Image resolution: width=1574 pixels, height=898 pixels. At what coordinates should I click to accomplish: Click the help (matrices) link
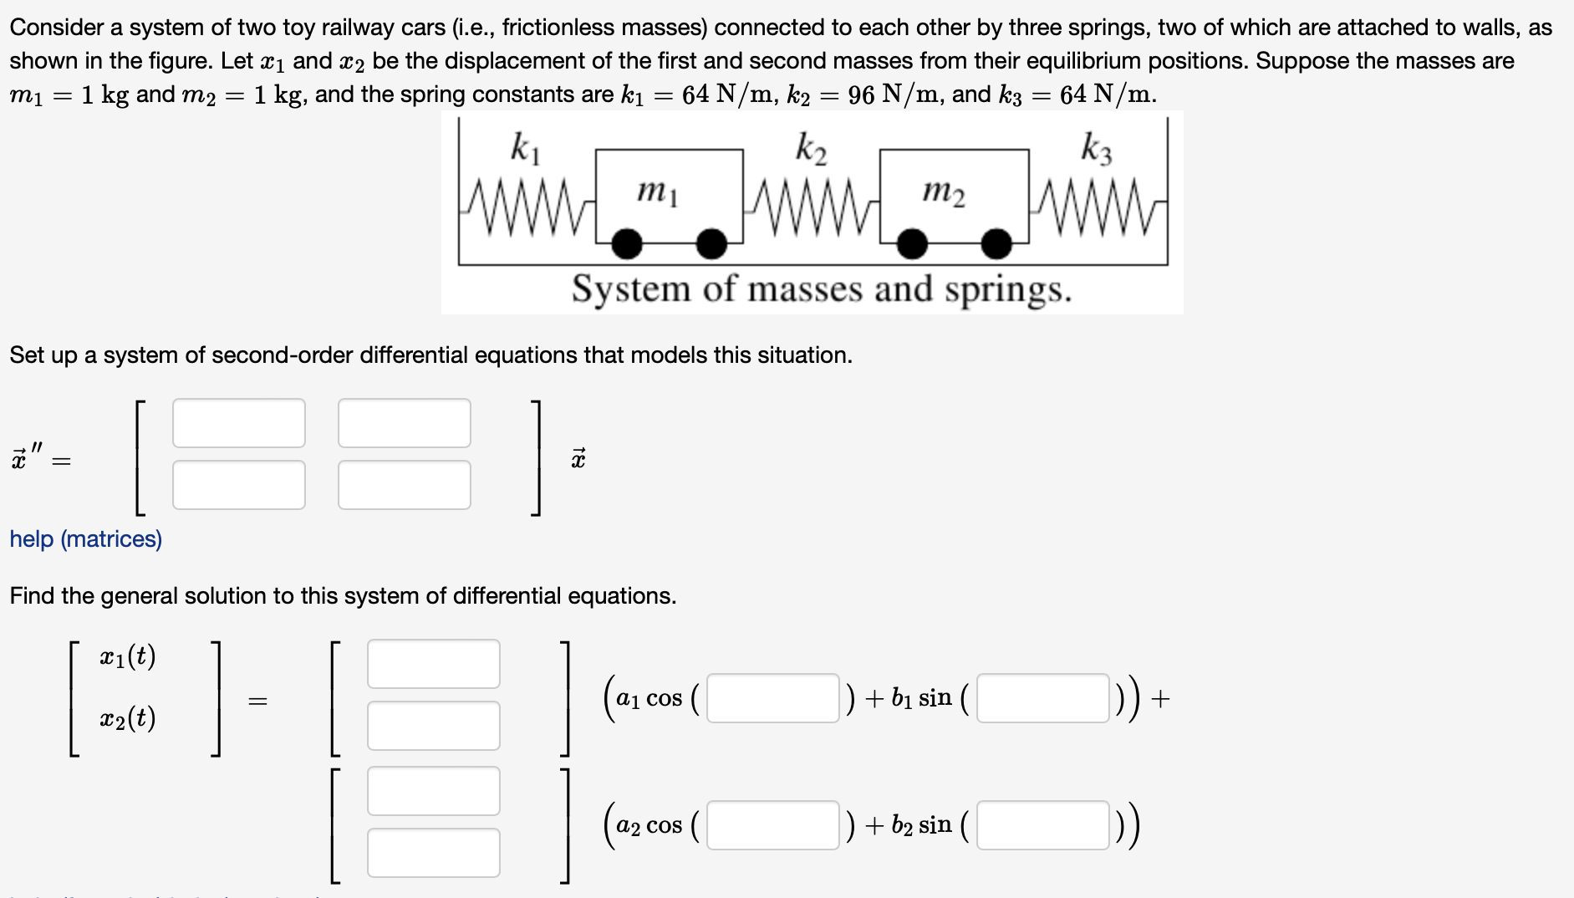click(x=86, y=539)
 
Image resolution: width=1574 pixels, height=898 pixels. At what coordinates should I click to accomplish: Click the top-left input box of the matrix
click(x=238, y=423)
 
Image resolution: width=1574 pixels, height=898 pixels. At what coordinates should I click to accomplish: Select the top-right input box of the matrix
click(x=404, y=423)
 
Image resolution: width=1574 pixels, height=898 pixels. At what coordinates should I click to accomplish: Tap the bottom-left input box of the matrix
click(x=238, y=485)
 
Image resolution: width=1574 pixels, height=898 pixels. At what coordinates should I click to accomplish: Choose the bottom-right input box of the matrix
click(x=404, y=485)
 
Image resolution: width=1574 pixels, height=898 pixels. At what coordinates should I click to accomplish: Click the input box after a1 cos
click(x=772, y=698)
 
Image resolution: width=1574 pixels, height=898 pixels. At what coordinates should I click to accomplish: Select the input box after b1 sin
click(x=1042, y=698)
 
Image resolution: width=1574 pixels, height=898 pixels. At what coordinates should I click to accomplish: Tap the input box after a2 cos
click(x=772, y=825)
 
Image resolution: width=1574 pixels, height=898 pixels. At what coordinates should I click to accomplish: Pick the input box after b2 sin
click(x=1042, y=825)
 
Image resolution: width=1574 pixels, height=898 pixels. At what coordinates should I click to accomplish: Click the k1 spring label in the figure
click(x=526, y=148)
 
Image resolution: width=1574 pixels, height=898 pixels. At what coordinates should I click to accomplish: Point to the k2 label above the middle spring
click(x=811, y=148)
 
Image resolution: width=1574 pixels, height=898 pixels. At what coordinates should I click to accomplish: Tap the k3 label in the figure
click(x=1097, y=148)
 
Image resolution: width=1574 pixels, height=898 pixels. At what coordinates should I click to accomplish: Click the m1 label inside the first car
click(x=658, y=192)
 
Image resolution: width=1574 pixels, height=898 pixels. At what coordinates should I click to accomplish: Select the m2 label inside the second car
click(x=944, y=192)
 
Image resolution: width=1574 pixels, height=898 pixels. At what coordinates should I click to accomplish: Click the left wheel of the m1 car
click(x=627, y=244)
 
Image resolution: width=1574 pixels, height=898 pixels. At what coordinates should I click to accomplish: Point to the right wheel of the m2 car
click(x=996, y=244)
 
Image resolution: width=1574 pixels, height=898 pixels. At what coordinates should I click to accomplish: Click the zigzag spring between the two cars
click(x=811, y=206)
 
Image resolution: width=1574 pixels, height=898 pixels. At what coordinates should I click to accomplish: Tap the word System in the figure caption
click(x=630, y=290)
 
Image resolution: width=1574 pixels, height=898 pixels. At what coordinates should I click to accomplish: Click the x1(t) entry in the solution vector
click(x=128, y=656)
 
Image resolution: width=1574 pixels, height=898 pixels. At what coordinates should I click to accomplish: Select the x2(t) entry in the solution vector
click(x=128, y=718)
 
